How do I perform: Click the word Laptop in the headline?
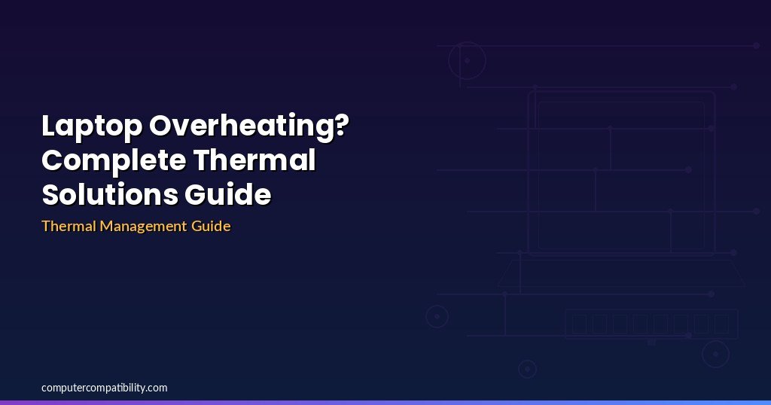click(x=92, y=126)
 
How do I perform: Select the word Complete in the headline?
click(x=114, y=161)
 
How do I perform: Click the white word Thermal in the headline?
click(x=254, y=160)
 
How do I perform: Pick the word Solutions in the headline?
click(x=110, y=194)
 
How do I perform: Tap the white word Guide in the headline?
click(x=227, y=194)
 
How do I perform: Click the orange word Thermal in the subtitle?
click(x=69, y=226)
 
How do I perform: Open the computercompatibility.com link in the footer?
click(x=104, y=388)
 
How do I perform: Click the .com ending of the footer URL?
click(x=157, y=388)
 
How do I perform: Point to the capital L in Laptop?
click(x=49, y=125)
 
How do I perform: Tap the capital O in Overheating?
click(x=160, y=125)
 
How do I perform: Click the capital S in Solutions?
click(x=50, y=194)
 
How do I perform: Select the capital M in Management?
click(x=107, y=226)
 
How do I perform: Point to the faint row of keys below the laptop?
click(x=651, y=324)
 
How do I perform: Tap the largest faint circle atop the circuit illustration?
click(x=467, y=43)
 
